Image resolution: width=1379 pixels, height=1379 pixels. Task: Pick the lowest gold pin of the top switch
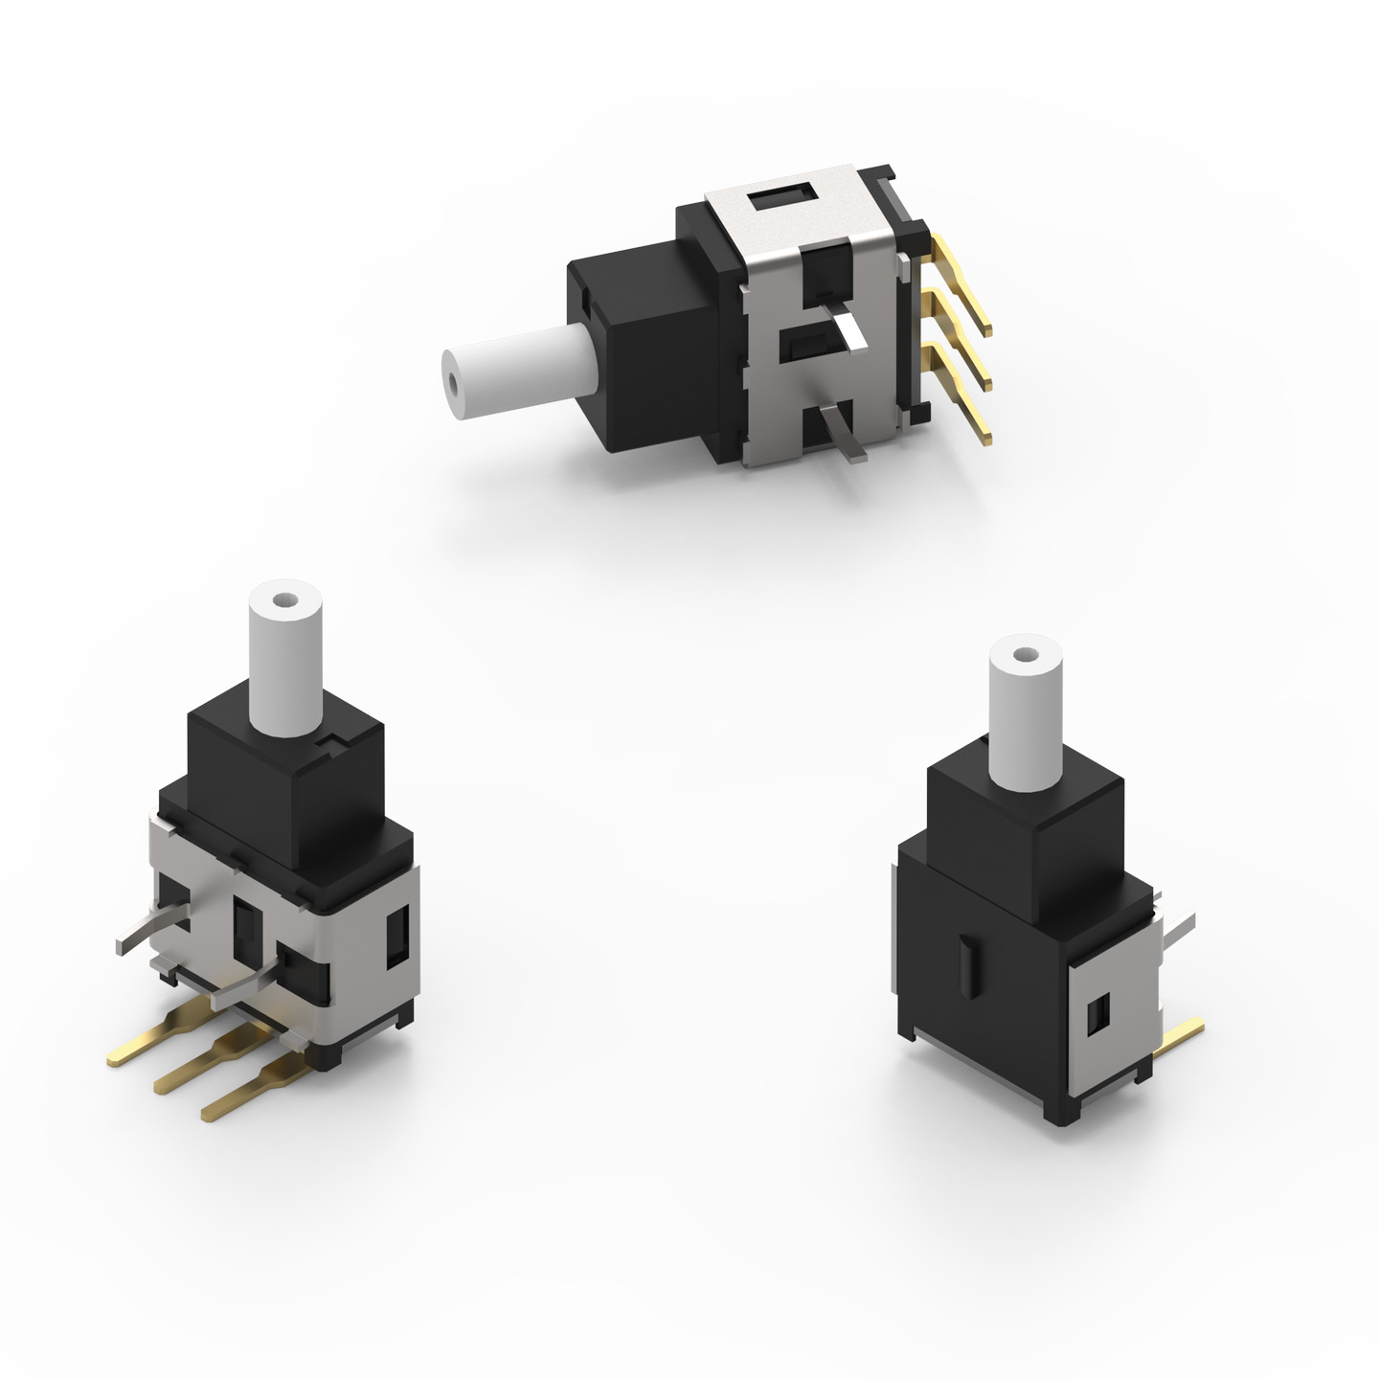(x=962, y=402)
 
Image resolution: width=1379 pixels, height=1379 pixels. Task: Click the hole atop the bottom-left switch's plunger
(x=283, y=601)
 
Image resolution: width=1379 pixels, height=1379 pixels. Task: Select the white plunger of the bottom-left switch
(x=283, y=666)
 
